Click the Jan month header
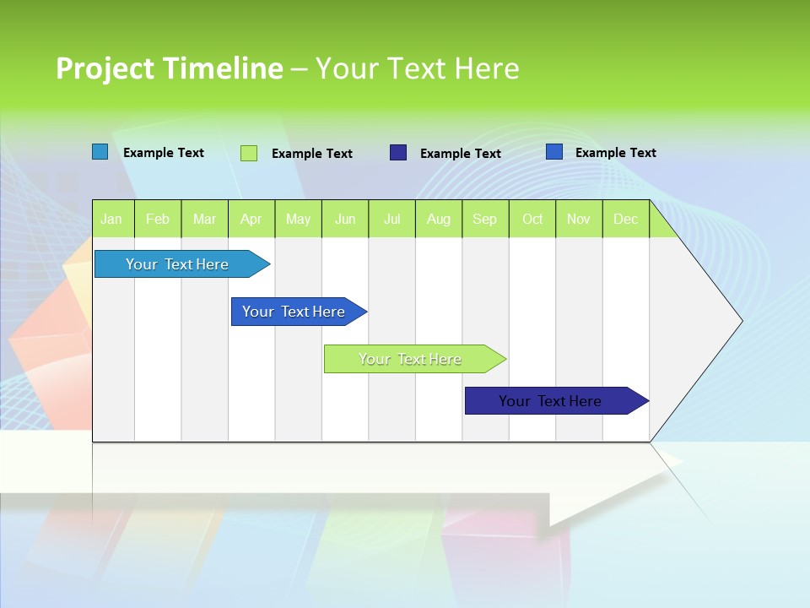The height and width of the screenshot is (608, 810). [112, 219]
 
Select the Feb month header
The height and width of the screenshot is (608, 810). [158, 219]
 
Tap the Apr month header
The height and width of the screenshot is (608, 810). [251, 219]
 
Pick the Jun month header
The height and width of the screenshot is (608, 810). [345, 219]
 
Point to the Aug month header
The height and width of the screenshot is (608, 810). [439, 219]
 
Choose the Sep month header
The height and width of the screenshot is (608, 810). [485, 219]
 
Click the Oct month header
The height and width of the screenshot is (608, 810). [532, 219]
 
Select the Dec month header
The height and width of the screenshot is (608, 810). [626, 219]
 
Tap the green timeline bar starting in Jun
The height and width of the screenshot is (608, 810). [412, 359]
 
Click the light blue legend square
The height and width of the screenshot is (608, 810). [100, 152]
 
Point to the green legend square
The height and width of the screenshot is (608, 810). [249, 153]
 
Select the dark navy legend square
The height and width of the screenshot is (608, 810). [398, 153]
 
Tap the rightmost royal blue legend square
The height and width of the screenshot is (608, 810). [554, 152]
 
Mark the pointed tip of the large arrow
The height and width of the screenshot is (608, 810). [740, 321]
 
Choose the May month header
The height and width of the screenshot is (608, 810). [298, 219]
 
